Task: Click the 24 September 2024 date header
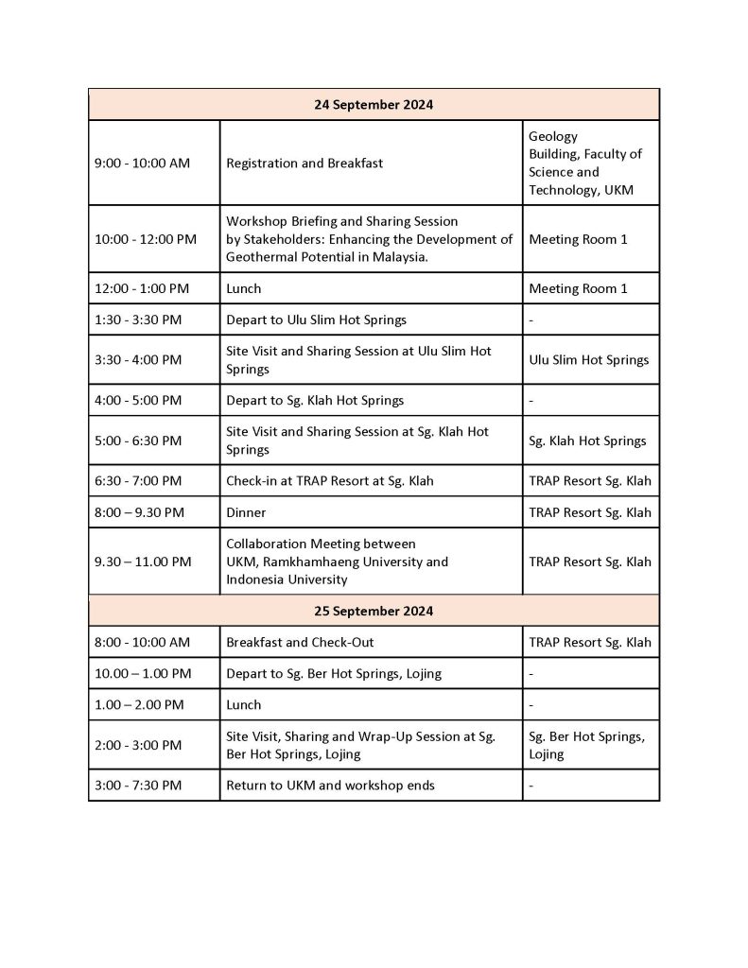(x=374, y=105)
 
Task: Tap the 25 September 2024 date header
(x=374, y=612)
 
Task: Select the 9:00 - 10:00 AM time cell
(x=142, y=164)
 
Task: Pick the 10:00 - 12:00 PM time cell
(x=146, y=239)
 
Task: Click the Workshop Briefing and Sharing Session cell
(x=369, y=239)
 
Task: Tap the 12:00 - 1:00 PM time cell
(x=142, y=288)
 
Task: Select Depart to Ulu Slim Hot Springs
(x=316, y=320)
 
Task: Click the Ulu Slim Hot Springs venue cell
(x=589, y=360)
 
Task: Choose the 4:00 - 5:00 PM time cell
(x=138, y=400)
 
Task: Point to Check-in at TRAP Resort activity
(x=330, y=481)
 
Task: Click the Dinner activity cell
(x=246, y=512)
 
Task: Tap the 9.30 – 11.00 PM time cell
(x=143, y=562)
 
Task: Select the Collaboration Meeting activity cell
(x=337, y=562)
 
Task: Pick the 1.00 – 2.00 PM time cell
(x=139, y=704)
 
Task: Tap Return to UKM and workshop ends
(x=331, y=786)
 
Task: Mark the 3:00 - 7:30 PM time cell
(x=138, y=786)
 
